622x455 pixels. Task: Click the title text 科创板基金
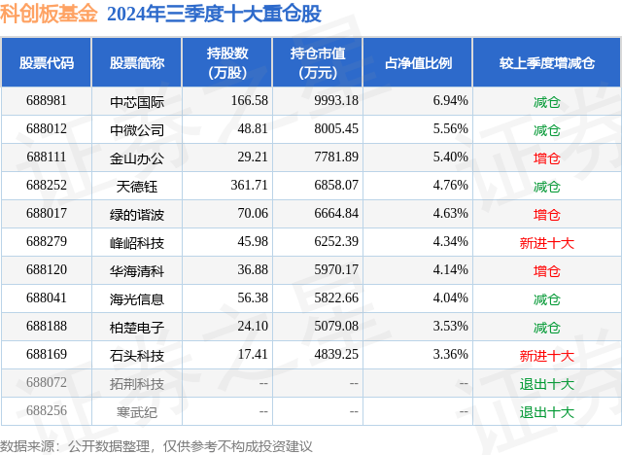pos(50,15)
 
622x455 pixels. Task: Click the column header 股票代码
pos(47,62)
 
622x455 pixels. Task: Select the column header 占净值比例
pos(425,62)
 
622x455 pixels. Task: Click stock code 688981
pos(47,100)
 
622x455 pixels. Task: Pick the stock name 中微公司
pos(137,129)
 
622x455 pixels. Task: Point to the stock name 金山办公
pos(137,157)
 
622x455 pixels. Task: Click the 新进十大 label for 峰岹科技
pos(547,242)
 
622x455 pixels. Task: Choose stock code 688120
pos(47,270)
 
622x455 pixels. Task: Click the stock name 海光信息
pos(137,298)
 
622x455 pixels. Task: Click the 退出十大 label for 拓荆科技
pos(547,384)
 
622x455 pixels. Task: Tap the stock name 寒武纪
pos(137,411)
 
